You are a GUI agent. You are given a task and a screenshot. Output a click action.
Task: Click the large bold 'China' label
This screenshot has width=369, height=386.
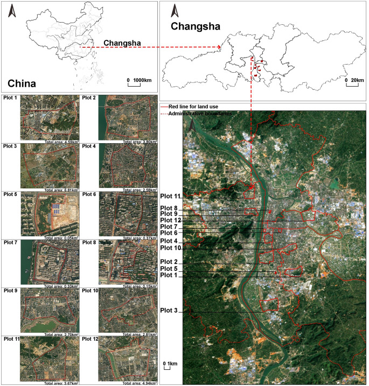point(22,83)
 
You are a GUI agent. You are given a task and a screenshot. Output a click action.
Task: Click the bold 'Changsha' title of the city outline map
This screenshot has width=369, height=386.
point(193,25)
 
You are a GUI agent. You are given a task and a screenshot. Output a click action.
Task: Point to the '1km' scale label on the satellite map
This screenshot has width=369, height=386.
point(171,364)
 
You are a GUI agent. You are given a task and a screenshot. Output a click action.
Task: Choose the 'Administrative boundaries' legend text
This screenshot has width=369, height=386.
point(199,114)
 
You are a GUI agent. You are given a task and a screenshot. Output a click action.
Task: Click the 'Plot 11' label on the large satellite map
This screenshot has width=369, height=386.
point(171,196)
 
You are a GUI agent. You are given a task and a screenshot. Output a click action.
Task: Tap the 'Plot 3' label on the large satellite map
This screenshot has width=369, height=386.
point(170,311)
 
